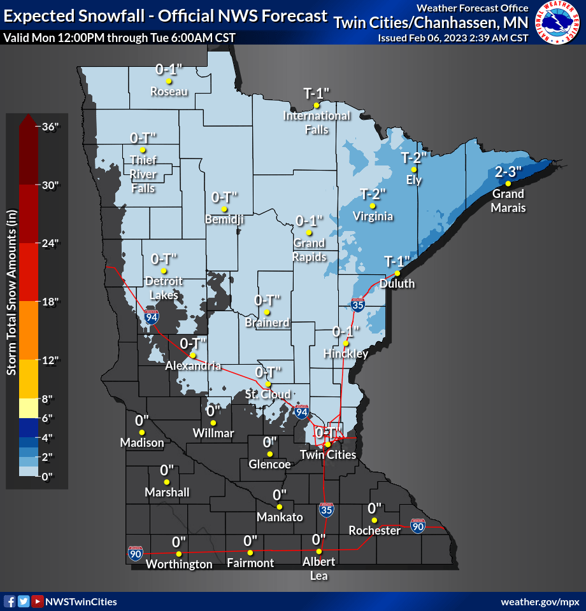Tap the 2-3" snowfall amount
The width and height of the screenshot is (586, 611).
(x=508, y=172)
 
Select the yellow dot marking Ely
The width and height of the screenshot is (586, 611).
(x=414, y=169)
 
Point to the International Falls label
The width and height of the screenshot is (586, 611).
(x=316, y=122)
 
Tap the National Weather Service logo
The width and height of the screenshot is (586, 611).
(x=558, y=23)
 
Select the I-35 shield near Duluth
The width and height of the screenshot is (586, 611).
(x=359, y=306)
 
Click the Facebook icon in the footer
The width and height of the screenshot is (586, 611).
(x=10, y=601)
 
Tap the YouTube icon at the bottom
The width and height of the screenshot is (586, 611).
(x=38, y=601)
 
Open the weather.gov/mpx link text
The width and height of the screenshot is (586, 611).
(x=540, y=601)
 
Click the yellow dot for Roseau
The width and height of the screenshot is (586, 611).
(x=169, y=81)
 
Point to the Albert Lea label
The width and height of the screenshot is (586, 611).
(x=319, y=569)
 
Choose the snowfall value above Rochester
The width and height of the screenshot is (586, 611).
(x=374, y=508)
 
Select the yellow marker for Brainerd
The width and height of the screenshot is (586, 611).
(x=268, y=312)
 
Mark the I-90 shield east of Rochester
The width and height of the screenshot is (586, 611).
(x=417, y=526)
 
